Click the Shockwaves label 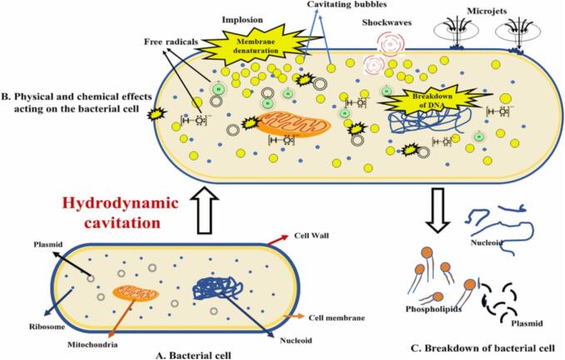[384, 23]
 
